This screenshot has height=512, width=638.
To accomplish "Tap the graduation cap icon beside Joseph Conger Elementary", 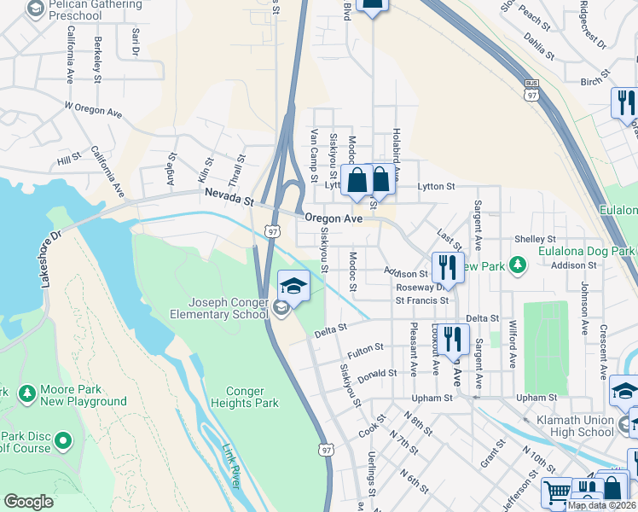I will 293,286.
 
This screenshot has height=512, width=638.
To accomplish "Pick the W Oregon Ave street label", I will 93,112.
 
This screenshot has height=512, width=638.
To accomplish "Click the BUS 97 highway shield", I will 532,91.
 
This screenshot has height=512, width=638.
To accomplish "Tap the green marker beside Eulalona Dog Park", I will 516,265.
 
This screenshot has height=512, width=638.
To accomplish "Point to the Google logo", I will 29,501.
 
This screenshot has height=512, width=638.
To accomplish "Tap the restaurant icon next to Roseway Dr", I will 448,268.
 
